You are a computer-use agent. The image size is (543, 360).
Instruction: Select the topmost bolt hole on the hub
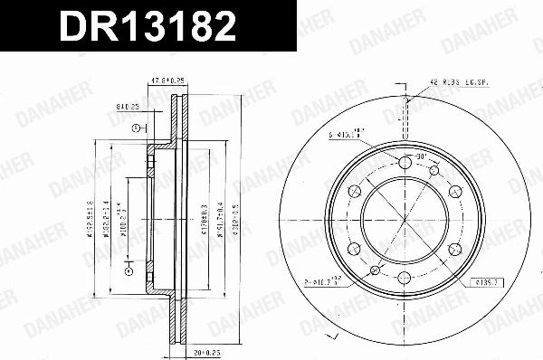[404, 163]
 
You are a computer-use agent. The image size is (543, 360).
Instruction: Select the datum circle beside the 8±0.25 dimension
[135, 128]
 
